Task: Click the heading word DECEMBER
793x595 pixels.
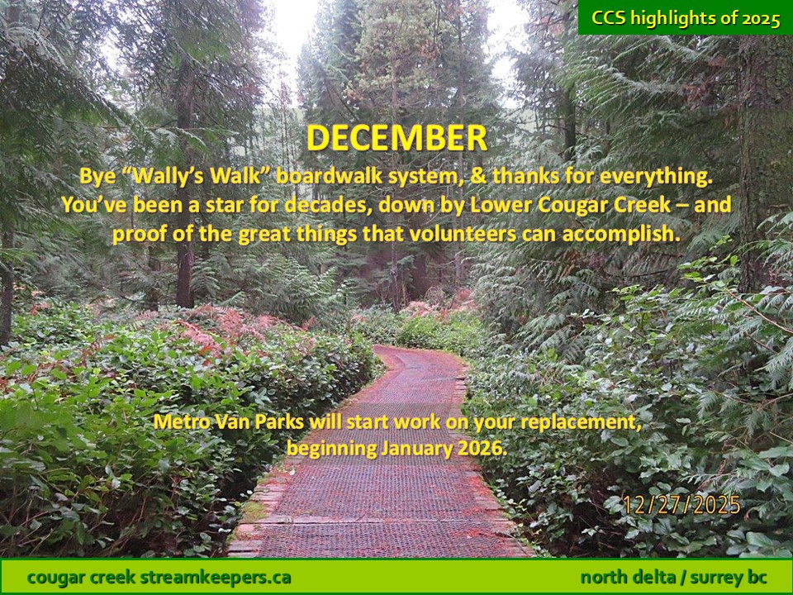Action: click(397, 138)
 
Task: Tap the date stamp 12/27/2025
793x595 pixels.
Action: click(681, 505)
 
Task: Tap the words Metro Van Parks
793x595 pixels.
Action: click(229, 421)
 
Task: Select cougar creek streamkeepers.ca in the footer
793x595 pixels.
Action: click(159, 578)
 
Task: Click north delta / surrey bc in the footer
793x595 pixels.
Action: click(673, 578)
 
